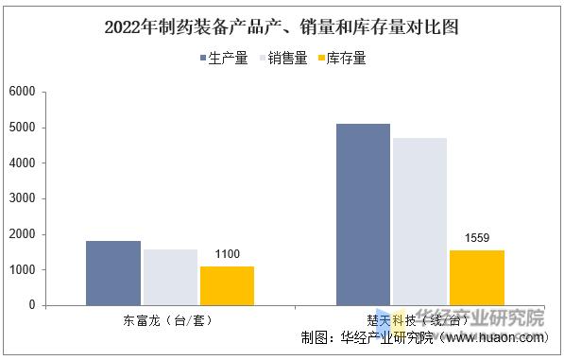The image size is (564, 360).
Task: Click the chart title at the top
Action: [x=282, y=26]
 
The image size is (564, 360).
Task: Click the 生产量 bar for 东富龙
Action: [x=113, y=273]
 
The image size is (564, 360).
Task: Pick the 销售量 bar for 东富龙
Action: [x=170, y=277]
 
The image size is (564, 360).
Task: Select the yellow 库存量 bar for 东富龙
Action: [x=227, y=285]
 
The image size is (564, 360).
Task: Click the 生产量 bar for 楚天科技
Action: [x=363, y=214]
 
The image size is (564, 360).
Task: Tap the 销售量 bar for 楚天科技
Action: [x=419, y=221]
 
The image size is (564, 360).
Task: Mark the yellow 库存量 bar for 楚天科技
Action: [x=476, y=277]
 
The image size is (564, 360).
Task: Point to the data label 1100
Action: [x=228, y=254]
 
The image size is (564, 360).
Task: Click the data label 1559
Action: [x=477, y=237]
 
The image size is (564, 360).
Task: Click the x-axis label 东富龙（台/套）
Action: [x=167, y=320]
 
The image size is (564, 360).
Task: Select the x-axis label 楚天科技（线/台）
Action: [x=418, y=320]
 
